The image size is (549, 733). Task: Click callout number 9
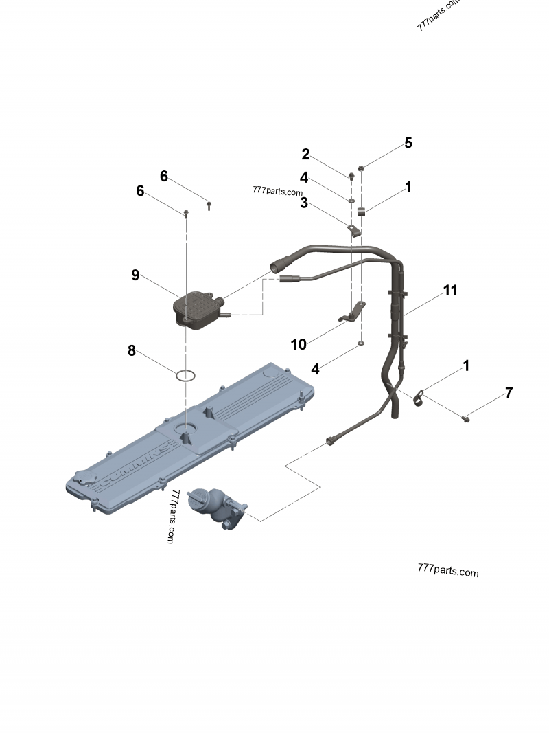pyautogui.click(x=135, y=275)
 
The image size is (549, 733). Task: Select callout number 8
pyautogui.click(x=132, y=350)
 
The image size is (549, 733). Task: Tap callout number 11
pyautogui.click(x=449, y=291)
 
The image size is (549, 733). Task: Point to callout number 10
pyautogui.click(x=299, y=344)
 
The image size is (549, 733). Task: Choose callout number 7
pyautogui.click(x=509, y=393)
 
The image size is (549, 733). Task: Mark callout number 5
pyautogui.click(x=408, y=143)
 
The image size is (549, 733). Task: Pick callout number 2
pyautogui.click(x=305, y=155)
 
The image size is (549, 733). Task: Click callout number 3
pyautogui.click(x=303, y=203)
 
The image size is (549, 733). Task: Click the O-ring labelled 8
pyautogui.click(x=185, y=376)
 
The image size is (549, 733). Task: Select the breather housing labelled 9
pyautogui.click(x=198, y=311)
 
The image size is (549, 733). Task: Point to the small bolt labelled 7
pyautogui.click(x=466, y=417)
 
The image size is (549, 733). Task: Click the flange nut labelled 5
pyautogui.click(x=362, y=168)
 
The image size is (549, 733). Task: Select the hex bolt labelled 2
pyautogui.click(x=351, y=176)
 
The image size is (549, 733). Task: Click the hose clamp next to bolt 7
pyautogui.click(x=419, y=397)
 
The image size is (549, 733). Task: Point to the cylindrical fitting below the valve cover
pyautogui.click(x=216, y=506)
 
